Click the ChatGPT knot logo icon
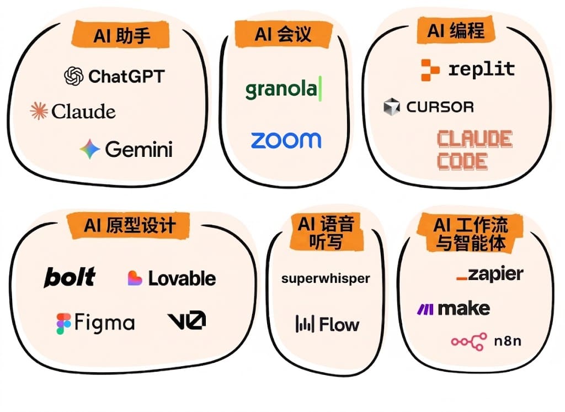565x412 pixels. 74,76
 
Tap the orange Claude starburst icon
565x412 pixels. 39,111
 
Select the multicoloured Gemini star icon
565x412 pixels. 90,149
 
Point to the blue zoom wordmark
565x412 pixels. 286,140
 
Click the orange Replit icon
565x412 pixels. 430,70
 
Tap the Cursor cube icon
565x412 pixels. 392,107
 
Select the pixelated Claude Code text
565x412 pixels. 475,150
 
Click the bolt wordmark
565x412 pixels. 70,277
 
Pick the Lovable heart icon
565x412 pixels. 135,278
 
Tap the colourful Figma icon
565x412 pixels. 63,324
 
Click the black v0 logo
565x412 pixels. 186,320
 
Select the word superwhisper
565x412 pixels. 326,279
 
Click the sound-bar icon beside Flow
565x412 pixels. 305,324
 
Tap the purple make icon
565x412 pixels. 425,309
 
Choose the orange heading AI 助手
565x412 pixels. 121,35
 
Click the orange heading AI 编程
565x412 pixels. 456,30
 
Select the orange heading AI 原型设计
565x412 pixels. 129,226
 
